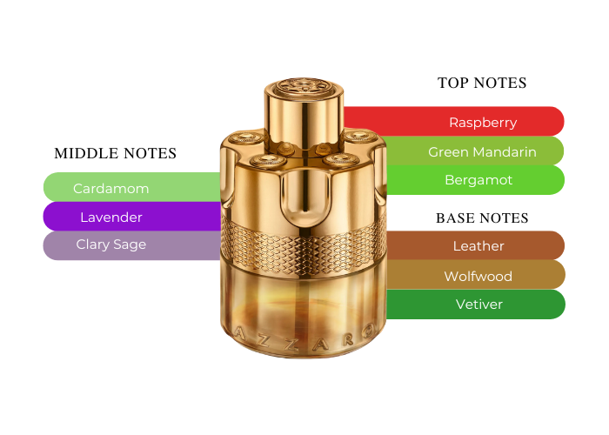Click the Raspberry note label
click(483, 123)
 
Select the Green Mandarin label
click(482, 152)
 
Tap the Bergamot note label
click(478, 180)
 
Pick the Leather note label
click(478, 246)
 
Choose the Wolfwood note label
click(478, 276)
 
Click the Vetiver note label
click(478, 304)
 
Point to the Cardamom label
click(110, 189)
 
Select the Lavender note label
click(111, 217)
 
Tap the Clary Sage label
click(111, 244)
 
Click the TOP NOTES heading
click(482, 83)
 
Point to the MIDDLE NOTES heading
click(116, 153)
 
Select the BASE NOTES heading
click(482, 217)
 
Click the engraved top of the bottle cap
click(304, 86)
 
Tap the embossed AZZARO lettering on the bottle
click(304, 338)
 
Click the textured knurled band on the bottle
click(304, 244)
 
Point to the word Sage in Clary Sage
click(130, 245)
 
